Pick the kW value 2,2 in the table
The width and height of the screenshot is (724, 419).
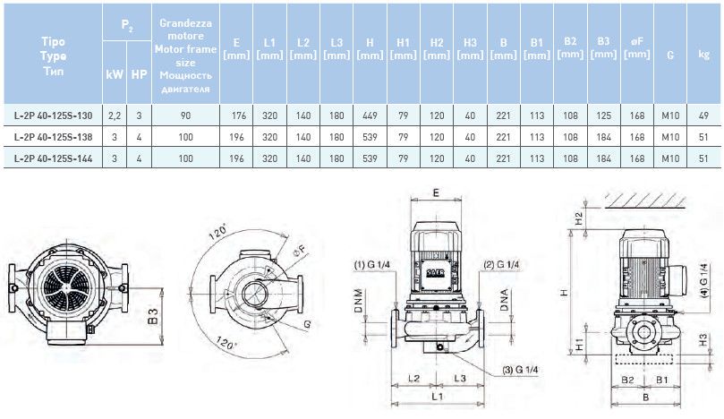(x=115, y=115)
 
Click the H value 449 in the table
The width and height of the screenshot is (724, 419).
(x=370, y=115)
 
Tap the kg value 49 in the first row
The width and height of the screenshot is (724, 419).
(x=704, y=115)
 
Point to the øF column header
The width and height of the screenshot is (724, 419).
(x=636, y=47)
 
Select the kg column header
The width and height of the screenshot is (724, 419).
(x=704, y=54)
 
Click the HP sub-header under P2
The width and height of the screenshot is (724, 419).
(x=139, y=73)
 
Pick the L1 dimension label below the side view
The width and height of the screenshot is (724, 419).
(x=436, y=395)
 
